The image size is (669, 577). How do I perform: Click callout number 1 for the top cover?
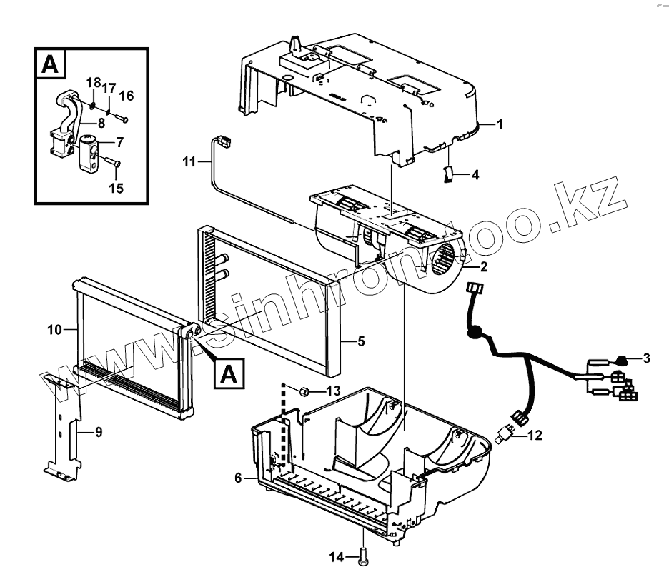point(500,124)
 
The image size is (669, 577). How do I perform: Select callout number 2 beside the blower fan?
point(484,267)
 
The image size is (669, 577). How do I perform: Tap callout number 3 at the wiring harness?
point(646,358)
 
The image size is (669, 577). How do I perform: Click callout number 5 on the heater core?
point(361,341)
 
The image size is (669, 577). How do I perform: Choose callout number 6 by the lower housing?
point(238,478)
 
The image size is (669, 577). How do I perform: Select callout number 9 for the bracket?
point(99,431)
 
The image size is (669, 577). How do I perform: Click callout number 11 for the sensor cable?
point(189,162)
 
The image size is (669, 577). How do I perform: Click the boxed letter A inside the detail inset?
point(50,64)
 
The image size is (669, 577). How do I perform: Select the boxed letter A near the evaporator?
point(227,373)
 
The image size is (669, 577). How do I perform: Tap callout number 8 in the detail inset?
point(101,123)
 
